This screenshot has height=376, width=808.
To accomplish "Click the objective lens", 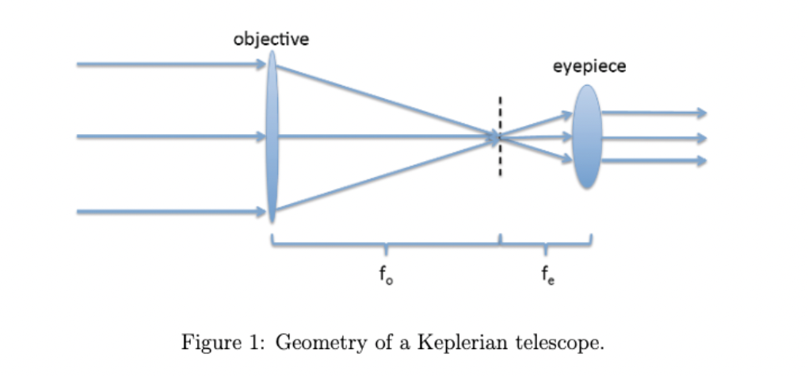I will click(272, 136).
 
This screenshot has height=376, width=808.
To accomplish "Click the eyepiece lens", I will click(587, 136).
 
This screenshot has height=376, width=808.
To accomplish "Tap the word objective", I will click(271, 39).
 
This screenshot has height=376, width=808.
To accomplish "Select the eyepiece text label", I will click(589, 67).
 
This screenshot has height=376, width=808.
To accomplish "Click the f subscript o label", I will click(385, 275).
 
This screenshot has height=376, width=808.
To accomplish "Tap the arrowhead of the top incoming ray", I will click(261, 64).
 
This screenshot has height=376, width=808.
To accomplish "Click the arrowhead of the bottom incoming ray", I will click(261, 212).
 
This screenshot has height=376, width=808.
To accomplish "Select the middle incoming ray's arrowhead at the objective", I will click(261, 137).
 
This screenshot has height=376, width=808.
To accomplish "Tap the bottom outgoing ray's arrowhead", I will click(699, 161).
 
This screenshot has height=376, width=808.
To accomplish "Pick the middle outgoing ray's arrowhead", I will click(699, 138).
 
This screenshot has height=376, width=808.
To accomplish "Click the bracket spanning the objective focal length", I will click(386, 244).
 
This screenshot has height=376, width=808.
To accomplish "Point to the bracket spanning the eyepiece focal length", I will click(546, 244).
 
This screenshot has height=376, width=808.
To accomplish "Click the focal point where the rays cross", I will click(499, 137).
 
